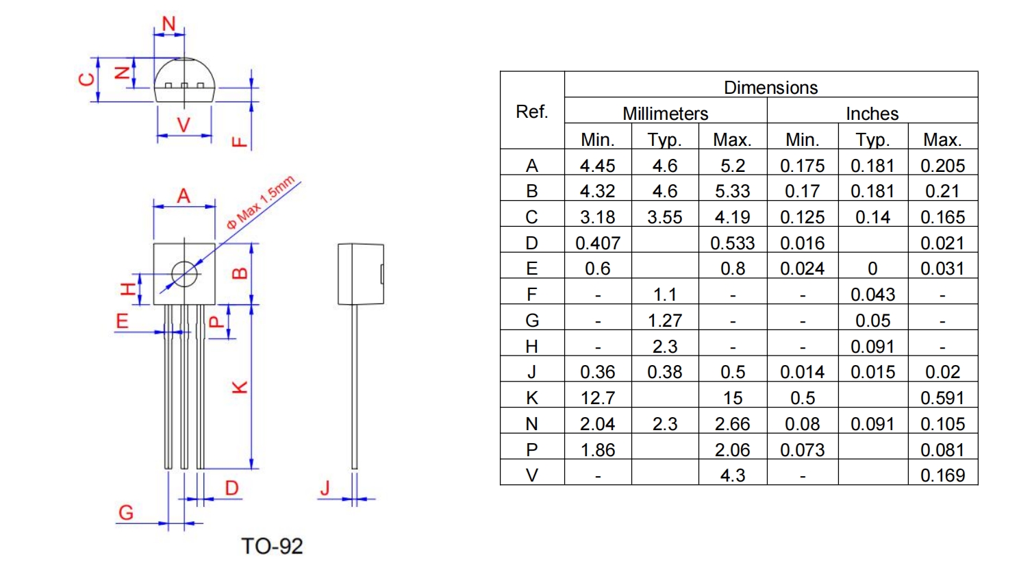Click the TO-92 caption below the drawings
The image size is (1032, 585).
tap(272, 546)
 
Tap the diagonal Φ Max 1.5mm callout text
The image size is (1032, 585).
tap(261, 202)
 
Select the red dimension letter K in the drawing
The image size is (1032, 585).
tap(240, 387)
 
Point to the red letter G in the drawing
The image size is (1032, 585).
tap(126, 512)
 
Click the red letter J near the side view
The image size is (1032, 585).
tap(325, 488)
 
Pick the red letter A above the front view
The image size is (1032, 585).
tap(184, 196)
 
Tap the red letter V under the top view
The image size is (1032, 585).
tap(184, 125)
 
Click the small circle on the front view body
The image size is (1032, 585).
tap(184, 274)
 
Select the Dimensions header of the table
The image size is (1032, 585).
tap(770, 88)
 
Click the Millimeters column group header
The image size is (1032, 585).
tap(665, 113)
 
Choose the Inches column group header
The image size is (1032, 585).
tap(872, 113)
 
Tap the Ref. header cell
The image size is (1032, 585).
tap(532, 111)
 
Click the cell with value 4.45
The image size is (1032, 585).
tap(597, 166)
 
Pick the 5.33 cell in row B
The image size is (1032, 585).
tap(732, 191)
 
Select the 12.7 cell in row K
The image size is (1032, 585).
tap(597, 398)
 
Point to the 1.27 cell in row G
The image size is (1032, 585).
tap(664, 321)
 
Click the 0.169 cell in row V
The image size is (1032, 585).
tap(942, 475)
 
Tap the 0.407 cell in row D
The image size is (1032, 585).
tap(597, 243)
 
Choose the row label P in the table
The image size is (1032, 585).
tap(532, 450)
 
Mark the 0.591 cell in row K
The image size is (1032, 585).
tap(942, 398)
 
